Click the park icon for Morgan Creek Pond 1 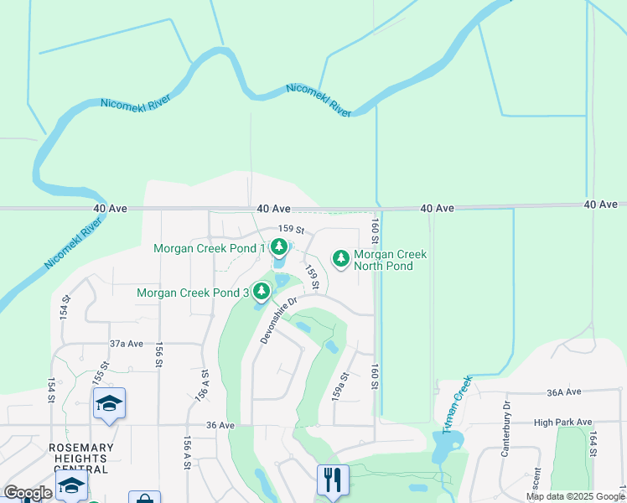[x=278, y=247]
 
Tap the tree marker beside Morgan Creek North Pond [x=340, y=258]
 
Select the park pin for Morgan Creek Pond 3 [x=262, y=292]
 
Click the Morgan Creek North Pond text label [x=390, y=260]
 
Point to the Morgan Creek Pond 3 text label [x=193, y=293]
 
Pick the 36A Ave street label [x=563, y=392]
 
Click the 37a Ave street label [x=127, y=344]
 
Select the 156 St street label [x=158, y=355]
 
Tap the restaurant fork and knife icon [x=333, y=480]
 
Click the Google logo [x=28, y=493]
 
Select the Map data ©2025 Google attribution [x=575, y=496]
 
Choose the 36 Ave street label [x=220, y=425]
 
